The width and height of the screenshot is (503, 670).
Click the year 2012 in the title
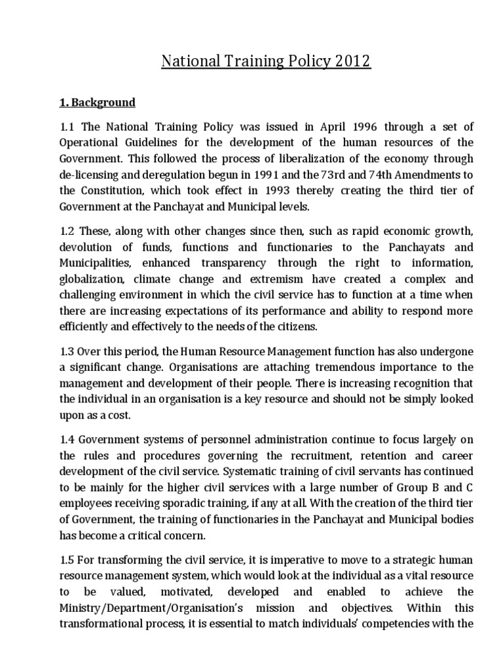point(351,62)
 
